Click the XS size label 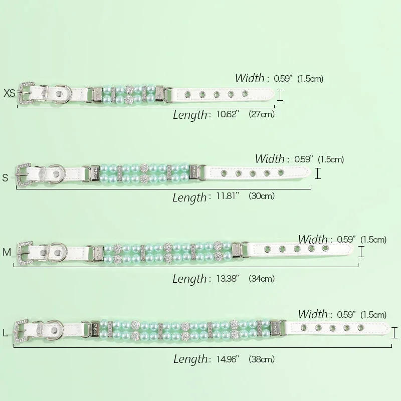[10, 93]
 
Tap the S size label [5, 177]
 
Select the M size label [7, 252]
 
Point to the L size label [5, 333]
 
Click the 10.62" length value [228, 114]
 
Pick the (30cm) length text [262, 196]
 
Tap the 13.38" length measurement [228, 278]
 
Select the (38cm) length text [262, 359]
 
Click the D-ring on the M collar [58, 252]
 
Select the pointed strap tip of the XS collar [274, 94]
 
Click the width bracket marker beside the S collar [318, 173]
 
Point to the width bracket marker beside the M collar [361, 252]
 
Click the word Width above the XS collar [250, 78]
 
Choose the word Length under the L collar [190, 359]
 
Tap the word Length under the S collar [189, 197]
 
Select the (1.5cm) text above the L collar [373, 315]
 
